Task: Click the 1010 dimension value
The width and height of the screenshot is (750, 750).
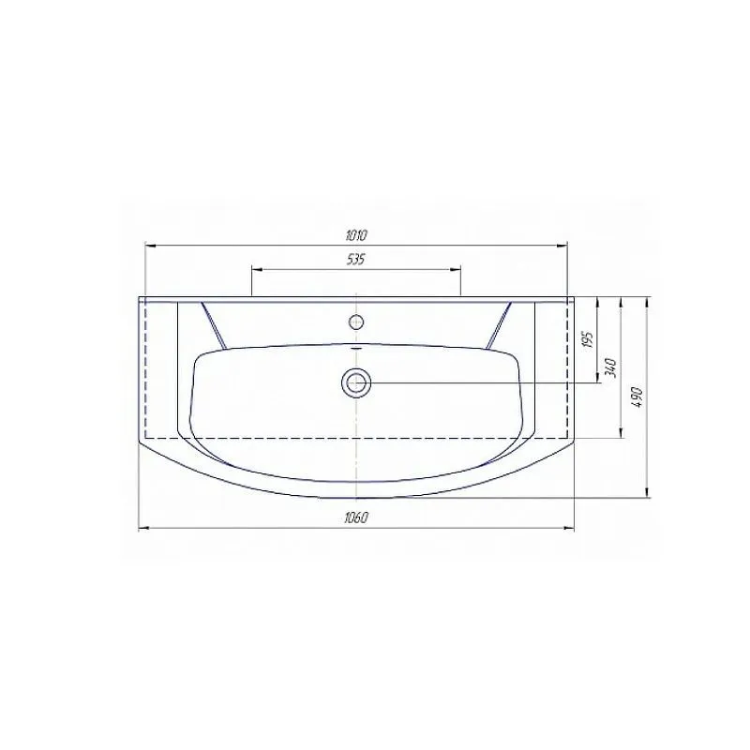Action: (x=356, y=235)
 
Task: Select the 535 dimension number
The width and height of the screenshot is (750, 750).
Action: (x=356, y=260)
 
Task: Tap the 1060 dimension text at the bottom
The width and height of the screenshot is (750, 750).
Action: (x=356, y=518)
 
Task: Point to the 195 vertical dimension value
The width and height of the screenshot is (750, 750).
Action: (x=589, y=339)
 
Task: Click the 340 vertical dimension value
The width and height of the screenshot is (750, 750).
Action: (x=611, y=367)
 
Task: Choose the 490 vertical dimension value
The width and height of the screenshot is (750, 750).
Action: (x=637, y=397)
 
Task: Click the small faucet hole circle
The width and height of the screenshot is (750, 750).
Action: (x=356, y=322)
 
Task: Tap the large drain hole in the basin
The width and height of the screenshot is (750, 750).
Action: (x=356, y=383)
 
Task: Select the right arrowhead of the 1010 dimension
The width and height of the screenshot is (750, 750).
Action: (x=562, y=246)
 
